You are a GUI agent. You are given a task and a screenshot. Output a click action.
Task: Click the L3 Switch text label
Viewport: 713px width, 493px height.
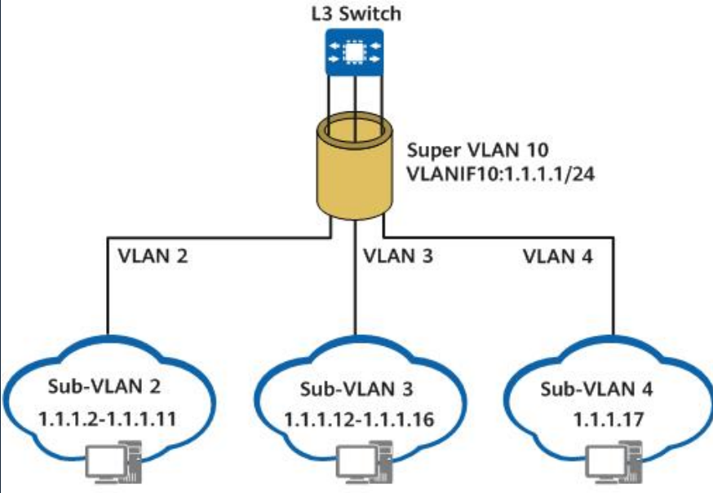click(356, 14)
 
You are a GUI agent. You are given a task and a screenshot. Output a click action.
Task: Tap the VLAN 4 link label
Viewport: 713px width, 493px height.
click(559, 257)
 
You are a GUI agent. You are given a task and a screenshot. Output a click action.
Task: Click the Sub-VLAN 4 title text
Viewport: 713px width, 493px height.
click(596, 390)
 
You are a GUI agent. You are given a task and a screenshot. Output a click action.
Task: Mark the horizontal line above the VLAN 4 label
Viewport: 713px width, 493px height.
click(506, 237)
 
